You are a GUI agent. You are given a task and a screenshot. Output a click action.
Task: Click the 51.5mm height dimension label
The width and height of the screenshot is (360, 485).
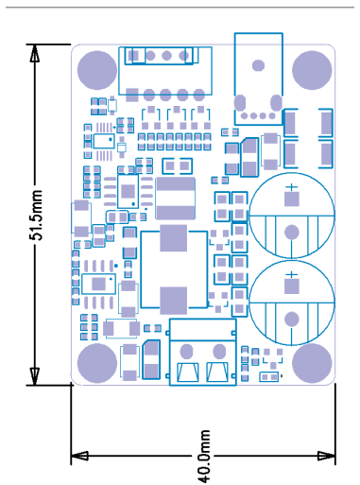tap(36, 215)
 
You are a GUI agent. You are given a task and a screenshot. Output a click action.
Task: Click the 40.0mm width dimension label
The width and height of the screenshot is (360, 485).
tap(204, 456)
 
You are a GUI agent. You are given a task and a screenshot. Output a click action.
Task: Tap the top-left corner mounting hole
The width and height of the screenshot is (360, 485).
tap(97, 70)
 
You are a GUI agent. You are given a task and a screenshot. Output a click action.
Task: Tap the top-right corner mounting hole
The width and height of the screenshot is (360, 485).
tap(312, 70)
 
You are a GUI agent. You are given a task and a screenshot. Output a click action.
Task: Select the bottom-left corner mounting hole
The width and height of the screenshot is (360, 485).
tap(97, 363)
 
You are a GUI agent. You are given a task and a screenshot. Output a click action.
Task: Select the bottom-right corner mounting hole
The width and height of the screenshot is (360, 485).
tap(312, 363)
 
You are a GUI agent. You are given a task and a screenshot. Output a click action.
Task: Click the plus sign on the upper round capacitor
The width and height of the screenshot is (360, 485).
tap(292, 187)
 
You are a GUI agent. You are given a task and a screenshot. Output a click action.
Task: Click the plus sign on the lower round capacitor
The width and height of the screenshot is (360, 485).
tap(292, 275)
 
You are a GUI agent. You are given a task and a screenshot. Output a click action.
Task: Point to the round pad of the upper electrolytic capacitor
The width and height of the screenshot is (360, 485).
tap(292, 233)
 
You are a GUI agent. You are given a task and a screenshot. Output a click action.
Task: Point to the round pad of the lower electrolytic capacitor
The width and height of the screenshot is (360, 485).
tap(292, 320)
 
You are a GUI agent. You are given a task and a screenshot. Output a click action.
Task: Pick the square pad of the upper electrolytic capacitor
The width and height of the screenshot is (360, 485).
tap(292, 199)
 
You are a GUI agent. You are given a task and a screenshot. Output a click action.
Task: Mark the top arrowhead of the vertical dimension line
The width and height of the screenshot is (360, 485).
tap(35, 53)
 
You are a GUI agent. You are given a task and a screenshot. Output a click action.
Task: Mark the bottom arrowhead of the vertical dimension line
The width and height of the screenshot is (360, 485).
tap(35, 376)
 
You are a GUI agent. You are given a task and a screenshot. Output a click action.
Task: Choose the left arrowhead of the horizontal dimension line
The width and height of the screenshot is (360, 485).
tap(79, 456)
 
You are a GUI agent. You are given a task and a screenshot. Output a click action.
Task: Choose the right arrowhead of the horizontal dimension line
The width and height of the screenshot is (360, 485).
tap(327, 456)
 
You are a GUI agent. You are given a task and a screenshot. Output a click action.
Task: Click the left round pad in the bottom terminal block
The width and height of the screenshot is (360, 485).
tap(186, 351)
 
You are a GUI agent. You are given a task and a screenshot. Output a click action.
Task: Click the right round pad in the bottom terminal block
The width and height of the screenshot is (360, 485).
tap(219, 351)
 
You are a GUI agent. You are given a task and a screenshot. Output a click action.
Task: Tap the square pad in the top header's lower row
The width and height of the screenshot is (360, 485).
tap(132, 95)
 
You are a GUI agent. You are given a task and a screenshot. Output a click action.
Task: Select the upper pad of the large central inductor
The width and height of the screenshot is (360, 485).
tap(174, 238)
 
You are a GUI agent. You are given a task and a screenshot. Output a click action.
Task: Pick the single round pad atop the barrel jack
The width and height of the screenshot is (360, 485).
tap(258, 65)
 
